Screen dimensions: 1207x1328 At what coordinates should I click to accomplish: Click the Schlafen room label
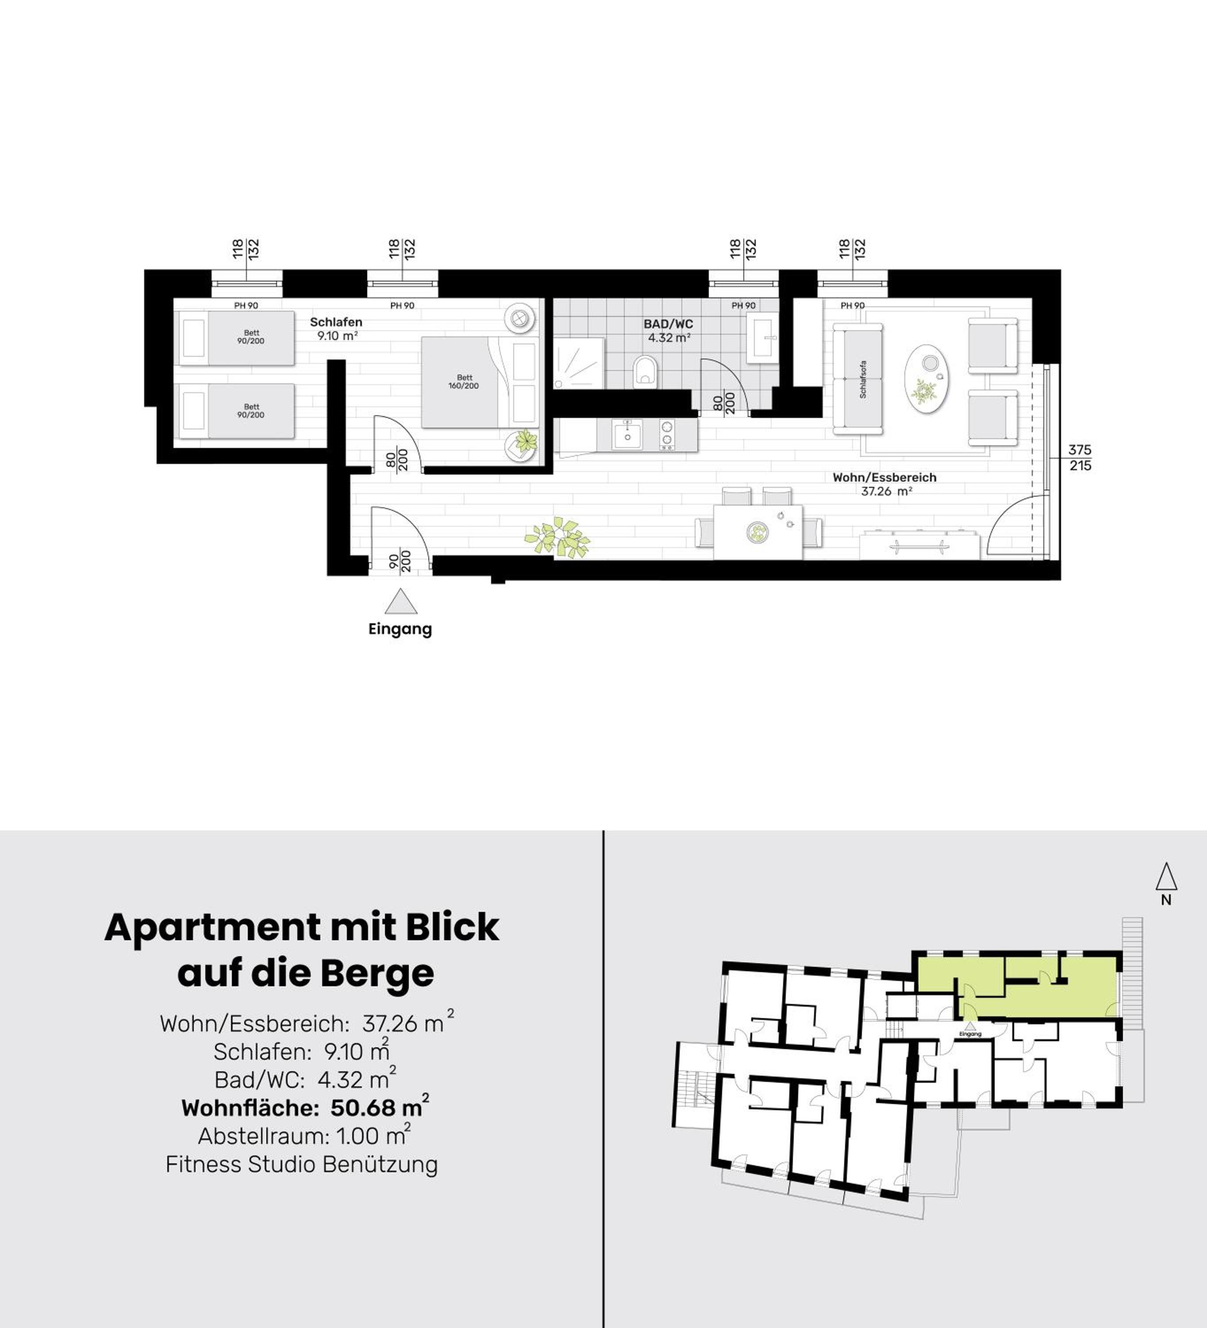pos(336,322)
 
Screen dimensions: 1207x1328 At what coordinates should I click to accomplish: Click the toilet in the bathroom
pos(645,371)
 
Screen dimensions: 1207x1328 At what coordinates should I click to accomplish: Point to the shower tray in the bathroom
pos(578,363)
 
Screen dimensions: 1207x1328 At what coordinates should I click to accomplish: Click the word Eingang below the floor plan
pos(400,629)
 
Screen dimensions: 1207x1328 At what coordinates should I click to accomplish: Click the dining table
pos(758,532)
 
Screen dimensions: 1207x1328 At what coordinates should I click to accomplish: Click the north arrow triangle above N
pos(1166,877)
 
